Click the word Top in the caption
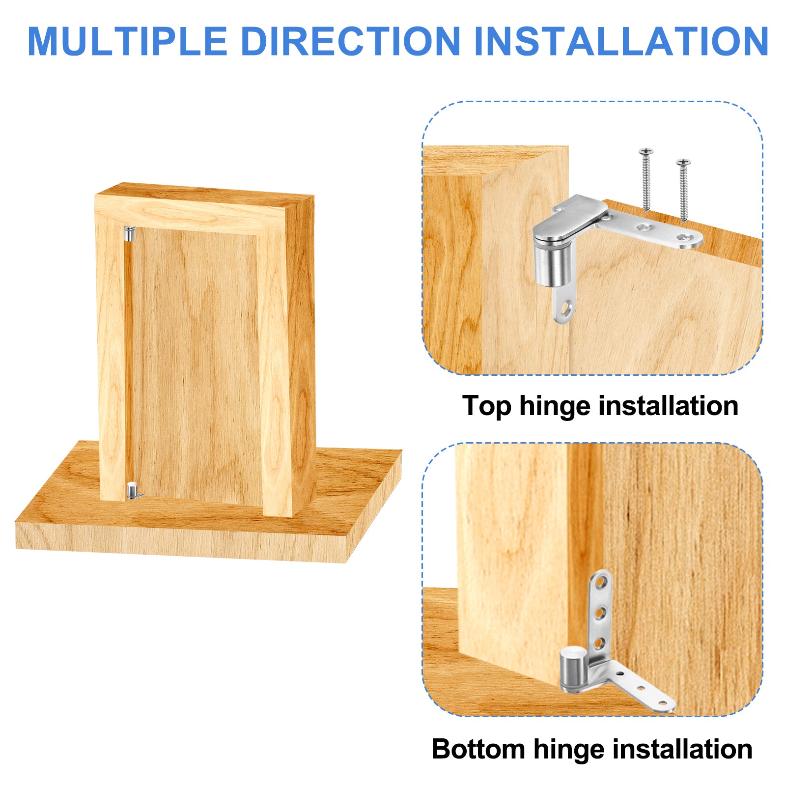pyautogui.click(x=487, y=407)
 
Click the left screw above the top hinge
pyautogui.click(x=646, y=179)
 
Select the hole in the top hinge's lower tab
pyautogui.click(x=566, y=309)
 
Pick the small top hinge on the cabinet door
pyautogui.click(x=129, y=233)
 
